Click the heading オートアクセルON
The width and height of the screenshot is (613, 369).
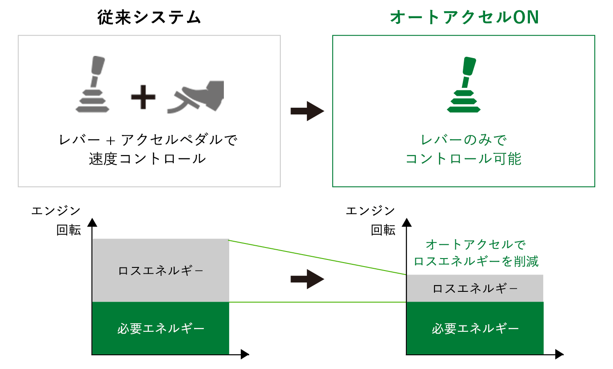tap(464, 18)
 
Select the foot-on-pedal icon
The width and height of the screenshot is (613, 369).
tap(196, 97)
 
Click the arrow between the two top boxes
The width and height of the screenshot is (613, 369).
tap(307, 111)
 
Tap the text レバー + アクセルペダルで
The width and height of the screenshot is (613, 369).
tap(148, 140)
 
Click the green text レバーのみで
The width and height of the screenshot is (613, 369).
tap(464, 140)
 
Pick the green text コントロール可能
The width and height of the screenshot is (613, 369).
tap(464, 159)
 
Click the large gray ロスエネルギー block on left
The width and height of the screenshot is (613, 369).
tap(160, 270)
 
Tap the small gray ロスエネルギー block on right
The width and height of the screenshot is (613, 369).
tap(475, 288)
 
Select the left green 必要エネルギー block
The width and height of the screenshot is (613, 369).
tap(160, 328)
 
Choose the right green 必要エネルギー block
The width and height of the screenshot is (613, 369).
tap(475, 328)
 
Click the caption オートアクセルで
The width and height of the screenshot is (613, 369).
tap(475, 244)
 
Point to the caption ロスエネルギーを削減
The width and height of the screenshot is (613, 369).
tap(475, 262)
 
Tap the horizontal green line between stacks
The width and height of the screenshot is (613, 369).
tap(318, 302)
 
